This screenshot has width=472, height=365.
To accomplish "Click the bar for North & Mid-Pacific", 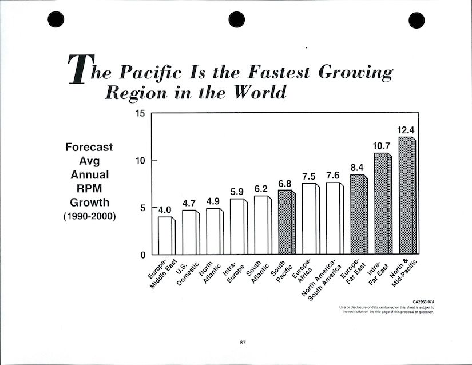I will click(x=406, y=196).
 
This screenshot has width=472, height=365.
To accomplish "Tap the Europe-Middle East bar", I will click(x=165, y=235).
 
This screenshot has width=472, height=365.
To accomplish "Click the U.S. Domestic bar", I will click(x=189, y=232).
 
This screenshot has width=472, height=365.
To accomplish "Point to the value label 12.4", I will click(x=407, y=130).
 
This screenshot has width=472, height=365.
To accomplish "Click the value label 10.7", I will click(x=382, y=146).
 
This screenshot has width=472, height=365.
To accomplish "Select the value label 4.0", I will click(x=165, y=210).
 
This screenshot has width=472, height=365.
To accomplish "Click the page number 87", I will click(x=243, y=342).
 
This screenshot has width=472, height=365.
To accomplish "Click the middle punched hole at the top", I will click(x=236, y=21).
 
